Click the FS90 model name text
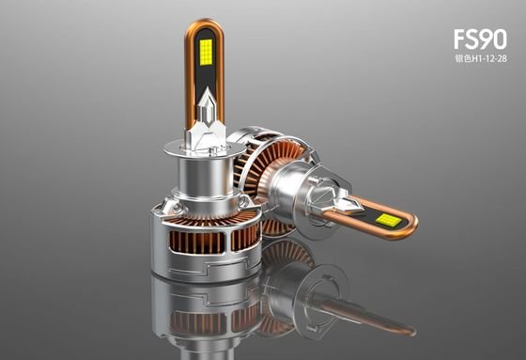click(x=480, y=39)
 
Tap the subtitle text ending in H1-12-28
click(x=480, y=59)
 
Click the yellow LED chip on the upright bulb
click(x=206, y=53)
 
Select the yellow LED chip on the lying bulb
click(x=387, y=220)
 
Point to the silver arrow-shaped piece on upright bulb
click(x=207, y=106)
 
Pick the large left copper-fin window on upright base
click(x=197, y=243)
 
